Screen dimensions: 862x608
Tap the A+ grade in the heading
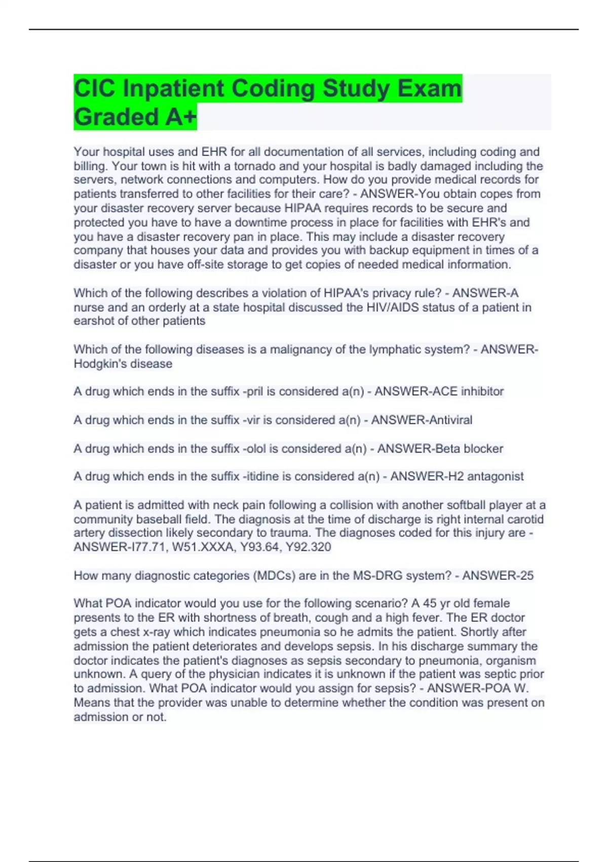180,118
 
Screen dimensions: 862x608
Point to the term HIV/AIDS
392,307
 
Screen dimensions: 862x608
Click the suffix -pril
253,391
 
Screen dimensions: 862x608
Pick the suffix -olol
255,449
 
